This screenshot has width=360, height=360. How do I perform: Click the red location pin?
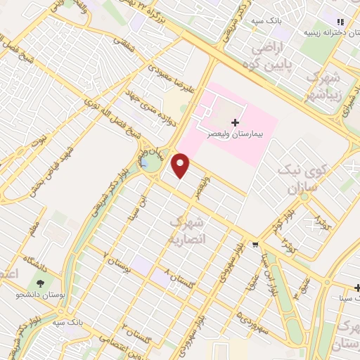[181, 166]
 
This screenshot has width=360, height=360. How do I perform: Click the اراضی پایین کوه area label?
[276, 60]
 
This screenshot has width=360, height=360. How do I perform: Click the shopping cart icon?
[255, 245]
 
